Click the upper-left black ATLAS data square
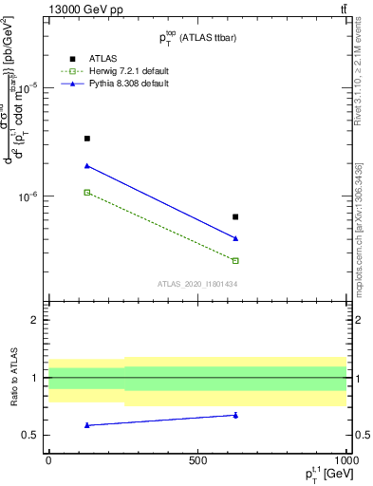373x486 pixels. (87, 139)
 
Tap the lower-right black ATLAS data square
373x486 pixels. (235, 217)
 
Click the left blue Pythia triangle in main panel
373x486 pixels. (87, 166)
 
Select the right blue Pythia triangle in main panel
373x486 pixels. (235, 238)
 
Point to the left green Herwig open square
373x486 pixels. (87, 193)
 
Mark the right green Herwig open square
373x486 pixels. (235, 260)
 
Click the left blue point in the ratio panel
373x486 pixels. (87, 425)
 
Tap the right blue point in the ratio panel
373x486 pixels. (235, 415)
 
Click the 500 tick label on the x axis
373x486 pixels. (197, 459)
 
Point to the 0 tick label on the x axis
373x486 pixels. (48, 459)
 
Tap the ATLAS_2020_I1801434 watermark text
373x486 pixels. (197, 284)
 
